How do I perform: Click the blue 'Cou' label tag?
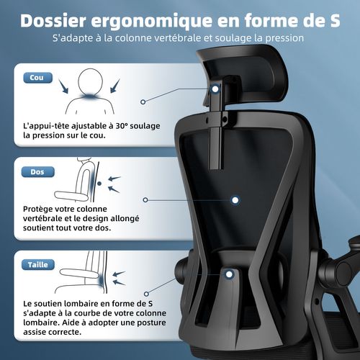33,77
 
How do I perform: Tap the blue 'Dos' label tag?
33,171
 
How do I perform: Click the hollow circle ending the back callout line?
145,199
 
